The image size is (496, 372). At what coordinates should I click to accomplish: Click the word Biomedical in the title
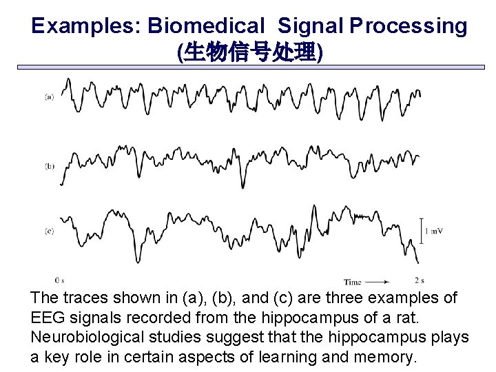tap(206, 26)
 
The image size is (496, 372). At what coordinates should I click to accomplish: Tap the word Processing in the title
tap(408, 26)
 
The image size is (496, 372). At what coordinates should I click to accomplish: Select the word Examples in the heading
tap(83, 26)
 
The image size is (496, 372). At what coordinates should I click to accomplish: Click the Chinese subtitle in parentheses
tap(249, 52)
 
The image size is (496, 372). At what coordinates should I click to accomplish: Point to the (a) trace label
tap(50, 97)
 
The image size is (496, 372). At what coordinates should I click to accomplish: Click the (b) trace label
tap(50, 166)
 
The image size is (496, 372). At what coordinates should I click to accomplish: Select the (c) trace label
tap(50, 231)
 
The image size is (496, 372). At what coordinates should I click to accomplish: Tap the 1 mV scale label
tap(434, 231)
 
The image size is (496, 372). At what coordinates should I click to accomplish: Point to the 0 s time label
tap(59, 280)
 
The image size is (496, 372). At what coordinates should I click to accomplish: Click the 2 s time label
tap(420, 280)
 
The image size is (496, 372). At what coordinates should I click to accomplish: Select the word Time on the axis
tap(353, 282)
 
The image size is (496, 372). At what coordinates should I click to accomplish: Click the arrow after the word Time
tap(377, 282)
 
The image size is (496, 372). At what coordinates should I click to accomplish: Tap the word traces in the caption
tap(86, 298)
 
